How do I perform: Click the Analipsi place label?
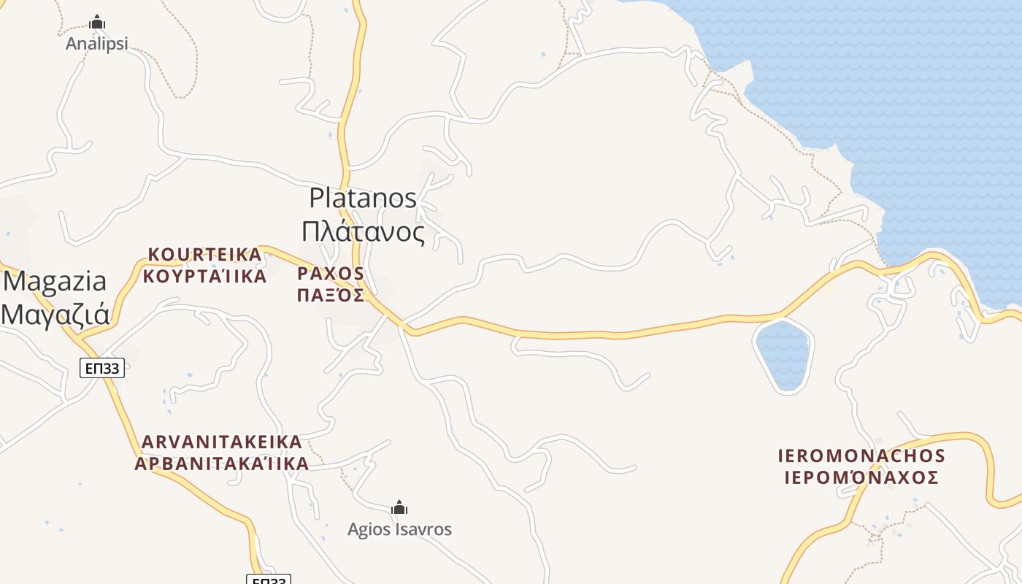click(96, 44)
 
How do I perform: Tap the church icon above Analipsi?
click(97, 23)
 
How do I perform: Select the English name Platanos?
click(363, 198)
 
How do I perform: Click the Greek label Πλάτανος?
click(363, 232)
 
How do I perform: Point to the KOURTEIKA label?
click(204, 255)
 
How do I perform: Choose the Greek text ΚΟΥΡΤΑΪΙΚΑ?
click(204, 277)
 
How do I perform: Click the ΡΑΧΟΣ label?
click(331, 274)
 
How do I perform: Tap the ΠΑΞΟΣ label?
click(331, 295)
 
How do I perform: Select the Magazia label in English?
click(55, 281)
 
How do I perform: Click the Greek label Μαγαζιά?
click(55, 314)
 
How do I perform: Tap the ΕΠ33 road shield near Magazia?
click(102, 369)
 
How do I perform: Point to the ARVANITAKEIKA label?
click(222, 442)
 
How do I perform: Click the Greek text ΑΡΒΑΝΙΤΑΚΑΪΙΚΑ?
click(222, 464)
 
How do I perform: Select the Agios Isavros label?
click(399, 529)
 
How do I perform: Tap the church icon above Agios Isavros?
click(399, 507)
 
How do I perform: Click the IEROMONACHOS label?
click(861, 456)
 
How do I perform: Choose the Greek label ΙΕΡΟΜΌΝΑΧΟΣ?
click(861, 478)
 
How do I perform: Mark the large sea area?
click(912, 109)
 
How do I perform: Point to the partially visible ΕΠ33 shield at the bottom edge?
click(269, 580)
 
